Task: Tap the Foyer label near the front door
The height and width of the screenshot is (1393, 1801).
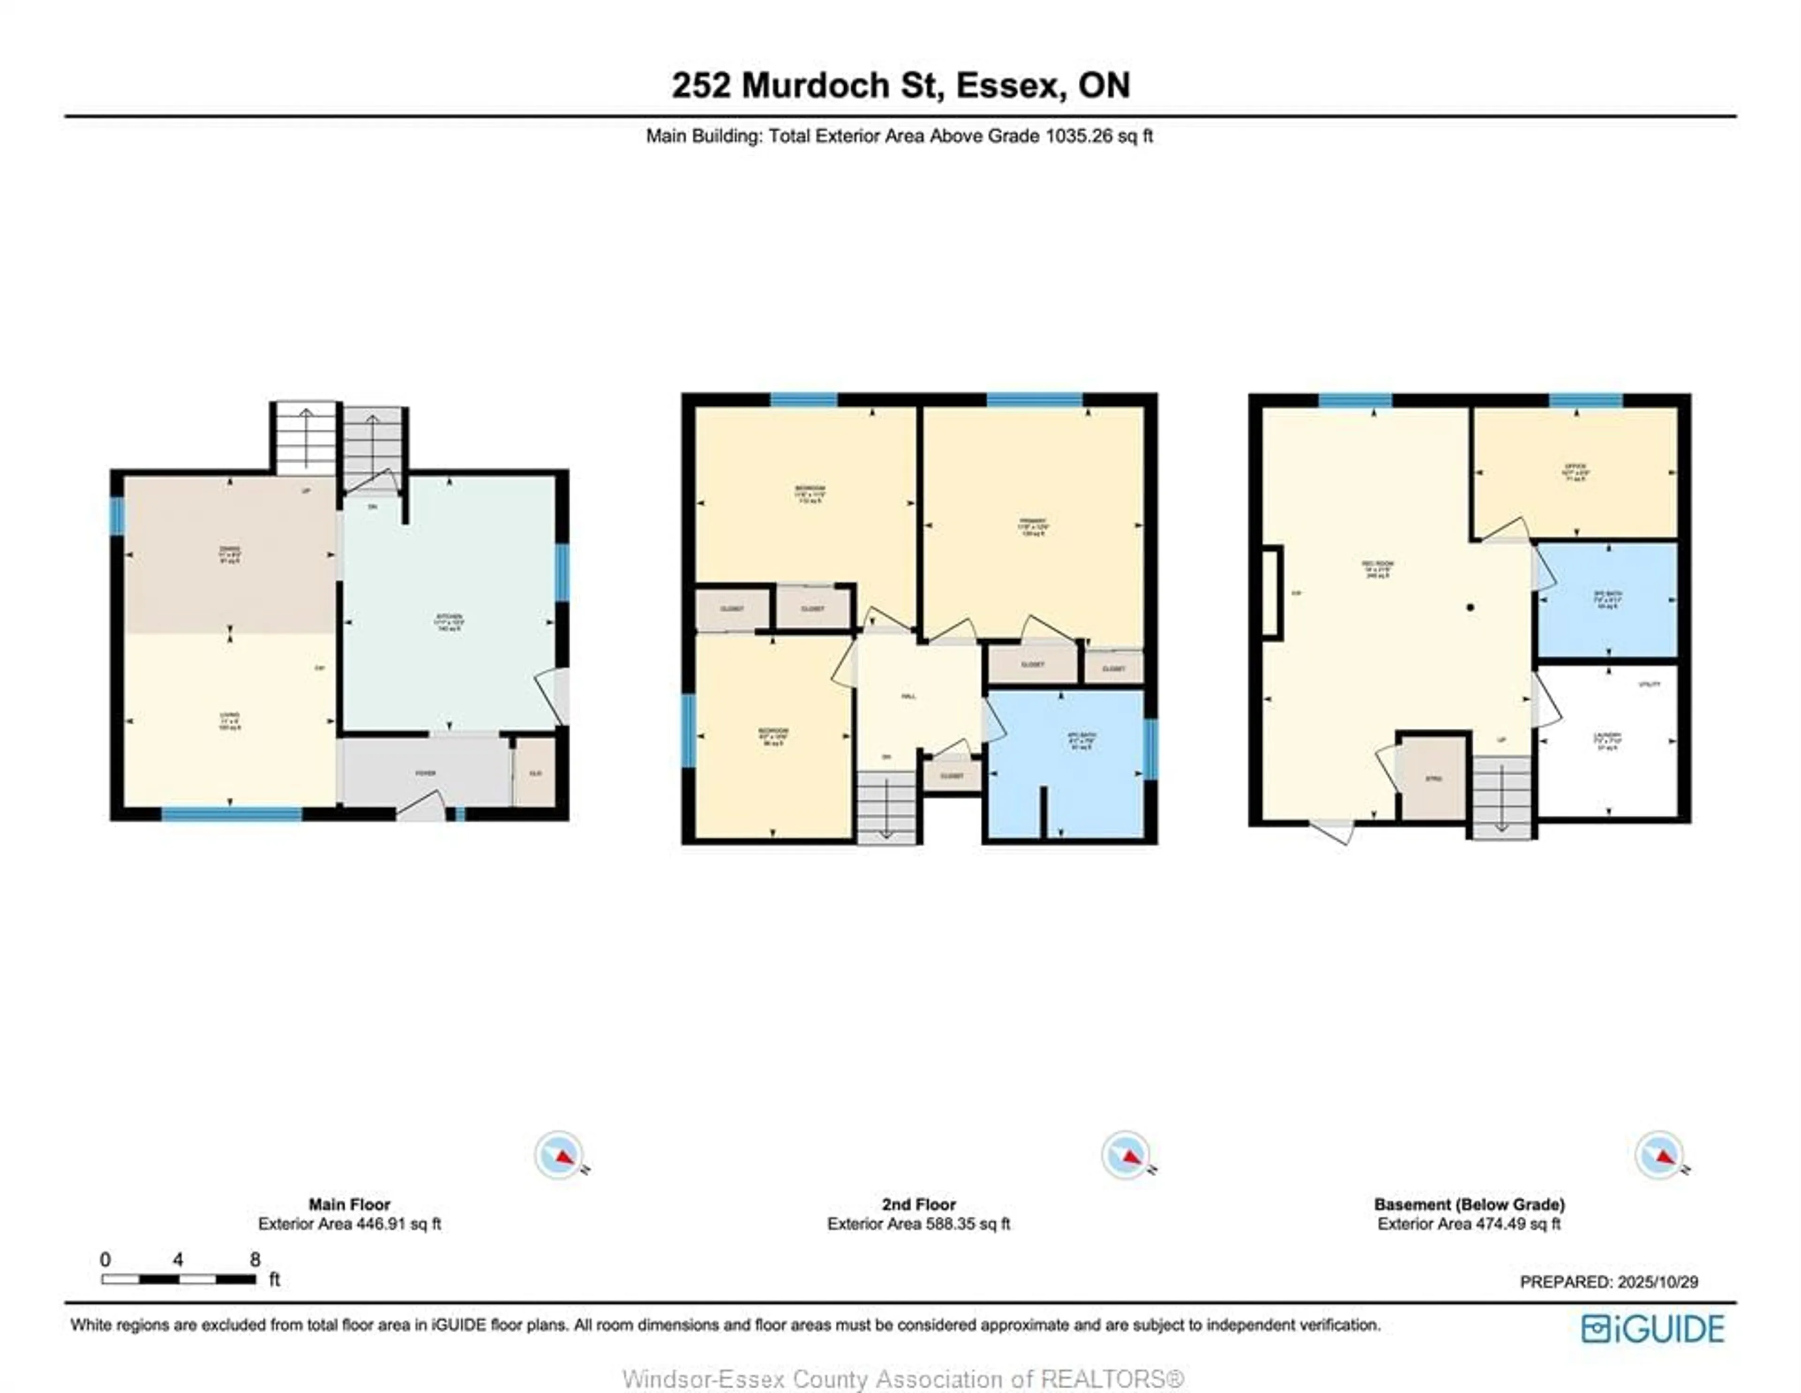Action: pyautogui.click(x=425, y=773)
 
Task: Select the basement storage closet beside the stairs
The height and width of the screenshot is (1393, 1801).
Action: pyautogui.click(x=1434, y=778)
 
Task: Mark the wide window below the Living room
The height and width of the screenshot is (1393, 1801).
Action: pyautogui.click(x=232, y=814)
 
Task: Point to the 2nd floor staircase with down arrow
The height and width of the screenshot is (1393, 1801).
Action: pyautogui.click(x=886, y=808)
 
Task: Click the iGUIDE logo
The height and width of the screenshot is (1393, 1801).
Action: pyautogui.click(x=1653, y=1329)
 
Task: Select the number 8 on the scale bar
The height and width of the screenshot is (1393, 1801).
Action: pyautogui.click(x=255, y=1259)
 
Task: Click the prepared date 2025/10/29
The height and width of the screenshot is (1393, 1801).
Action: pyautogui.click(x=1657, y=1282)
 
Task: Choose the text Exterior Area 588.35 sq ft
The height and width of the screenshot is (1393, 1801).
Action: pyautogui.click(x=919, y=1224)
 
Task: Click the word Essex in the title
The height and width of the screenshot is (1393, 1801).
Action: pyautogui.click(x=1008, y=86)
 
